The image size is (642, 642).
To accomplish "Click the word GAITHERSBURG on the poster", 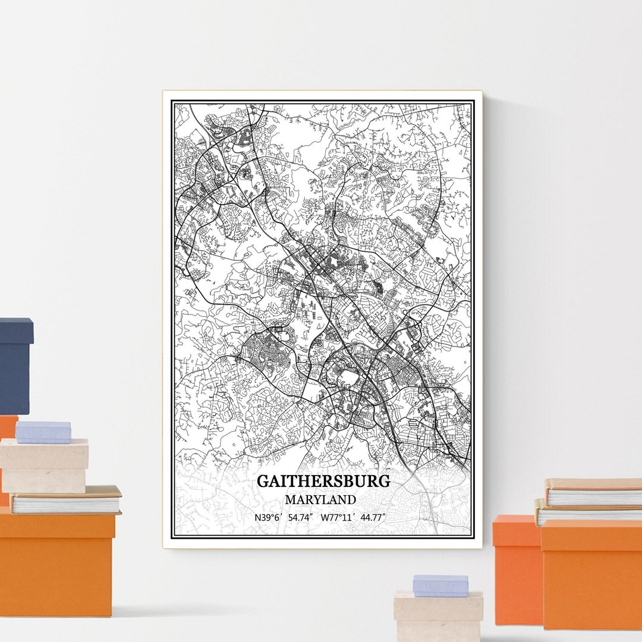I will pyautogui.click(x=323, y=481).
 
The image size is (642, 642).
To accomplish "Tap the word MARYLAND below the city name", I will pyautogui.click(x=320, y=500).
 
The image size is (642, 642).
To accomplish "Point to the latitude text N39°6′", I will pyautogui.click(x=267, y=517).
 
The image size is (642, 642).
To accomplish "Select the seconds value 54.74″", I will pyautogui.click(x=301, y=517).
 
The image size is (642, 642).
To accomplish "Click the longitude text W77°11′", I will pyautogui.click(x=338, y=517).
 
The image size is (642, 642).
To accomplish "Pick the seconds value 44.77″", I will pyautogui.click(x=373, y=517).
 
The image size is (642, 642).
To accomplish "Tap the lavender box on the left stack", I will pyautogui.click(x=43, y=432).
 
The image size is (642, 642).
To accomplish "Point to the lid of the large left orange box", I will pyautogui.click(x=57, y=526).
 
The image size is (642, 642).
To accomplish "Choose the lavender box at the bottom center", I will pyautogui.click(x=440, y=586).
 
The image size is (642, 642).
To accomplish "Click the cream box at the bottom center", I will pyautogui.click(x=438, y=615).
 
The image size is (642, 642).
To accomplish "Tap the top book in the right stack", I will pyautogui.click(x=593, y=493).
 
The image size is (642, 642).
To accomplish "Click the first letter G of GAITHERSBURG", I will pyautogui.click(x=263, y=481).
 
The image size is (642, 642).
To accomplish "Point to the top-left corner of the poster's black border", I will pyautogui.click(x=172, y=102).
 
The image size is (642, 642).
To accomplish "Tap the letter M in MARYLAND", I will pyautogui.click(x=289, y=500).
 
